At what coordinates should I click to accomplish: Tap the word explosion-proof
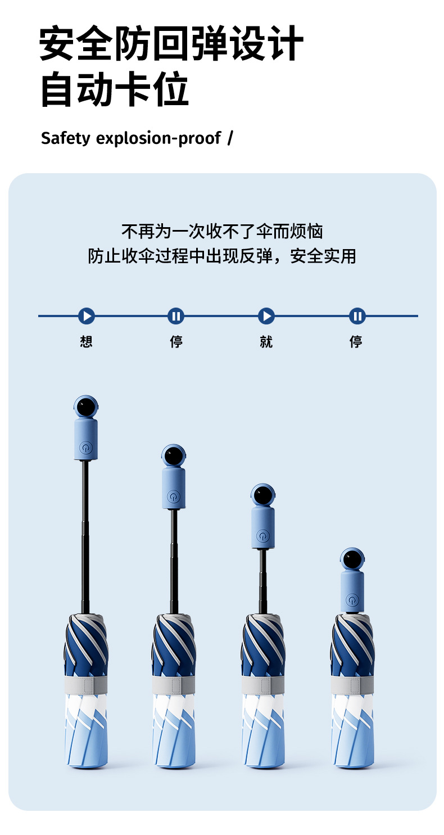click(158, 138)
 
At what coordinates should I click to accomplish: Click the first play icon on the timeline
click(87, 316)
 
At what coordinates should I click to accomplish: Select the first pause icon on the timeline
click(176, 316)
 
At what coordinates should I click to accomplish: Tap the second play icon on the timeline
click(266, 316)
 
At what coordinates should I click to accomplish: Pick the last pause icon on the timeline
click(357, 316)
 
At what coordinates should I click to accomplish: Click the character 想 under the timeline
click(86, 341)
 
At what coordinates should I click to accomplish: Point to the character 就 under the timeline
click(266, 341)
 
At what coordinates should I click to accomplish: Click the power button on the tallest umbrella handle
click(85, 448)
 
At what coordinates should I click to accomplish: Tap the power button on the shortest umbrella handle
click(352, 600)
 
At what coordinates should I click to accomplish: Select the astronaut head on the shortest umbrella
click(352, 560)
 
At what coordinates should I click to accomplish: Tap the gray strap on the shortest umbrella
click(352, 685)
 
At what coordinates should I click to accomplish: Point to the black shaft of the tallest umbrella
click(85, 534)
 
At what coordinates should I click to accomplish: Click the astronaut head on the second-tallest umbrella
click(174, 456)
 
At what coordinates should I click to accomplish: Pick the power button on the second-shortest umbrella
click(262, 535)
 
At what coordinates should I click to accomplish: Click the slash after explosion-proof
click(230, 138)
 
